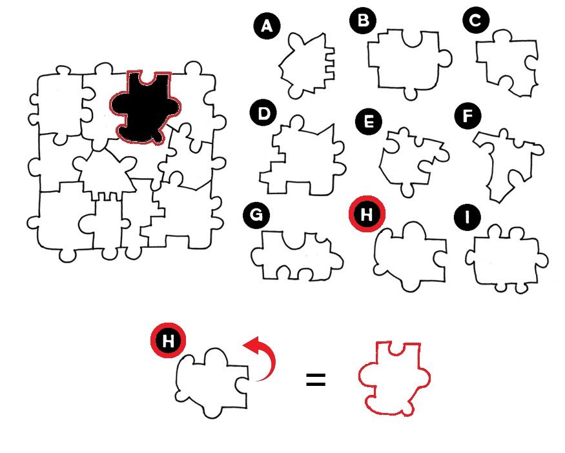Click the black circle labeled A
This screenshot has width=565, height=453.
coord(267,26)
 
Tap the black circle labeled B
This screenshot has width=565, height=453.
coord(363,20)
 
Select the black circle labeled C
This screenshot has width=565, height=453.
coord(476,20)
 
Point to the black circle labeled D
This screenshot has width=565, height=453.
coord(263,114)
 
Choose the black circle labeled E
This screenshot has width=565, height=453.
coord(369,122)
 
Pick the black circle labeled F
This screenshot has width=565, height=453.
coord(467,116)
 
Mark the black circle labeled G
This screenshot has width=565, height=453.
coord(256,215)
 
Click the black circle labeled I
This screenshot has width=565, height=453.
coord(467,217)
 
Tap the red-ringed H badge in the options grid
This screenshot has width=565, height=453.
coord(367,214)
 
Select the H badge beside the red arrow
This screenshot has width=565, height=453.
coord(169,340)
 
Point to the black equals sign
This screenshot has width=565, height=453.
coord(316,380)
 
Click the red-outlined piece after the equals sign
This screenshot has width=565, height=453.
coord(394,379)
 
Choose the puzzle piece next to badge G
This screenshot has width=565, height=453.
coord(297,256)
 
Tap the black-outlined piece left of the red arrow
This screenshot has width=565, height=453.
coord(212,383)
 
